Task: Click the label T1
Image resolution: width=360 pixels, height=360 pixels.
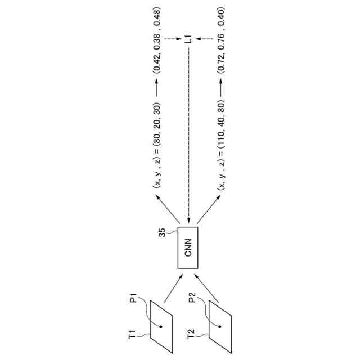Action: coord(133,336)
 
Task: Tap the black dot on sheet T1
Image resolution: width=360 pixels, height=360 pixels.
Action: coord(161,326)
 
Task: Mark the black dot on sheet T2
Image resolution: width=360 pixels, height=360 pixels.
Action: coord(220,326)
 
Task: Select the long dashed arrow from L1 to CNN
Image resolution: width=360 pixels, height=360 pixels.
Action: coord(189,135)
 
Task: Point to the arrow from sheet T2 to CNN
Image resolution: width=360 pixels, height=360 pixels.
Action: coord(208,287)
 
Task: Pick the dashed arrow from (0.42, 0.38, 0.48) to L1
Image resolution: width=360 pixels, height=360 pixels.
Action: coord(171,39)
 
